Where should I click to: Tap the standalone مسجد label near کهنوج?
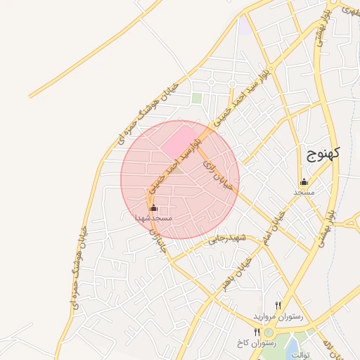(304, 191)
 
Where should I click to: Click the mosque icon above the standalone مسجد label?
(304, 181)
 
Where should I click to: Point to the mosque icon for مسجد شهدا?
(154, 209)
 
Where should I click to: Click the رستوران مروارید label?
(281, 317)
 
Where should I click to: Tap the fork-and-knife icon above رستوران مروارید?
(278, 306)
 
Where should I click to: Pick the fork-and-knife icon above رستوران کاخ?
(256, 330)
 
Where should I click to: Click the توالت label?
(299, 355)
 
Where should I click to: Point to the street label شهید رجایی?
(224, 239)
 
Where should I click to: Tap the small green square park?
(197, 98)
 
